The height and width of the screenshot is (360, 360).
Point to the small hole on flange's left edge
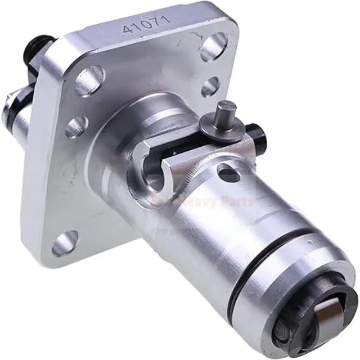click(x=74, y=128)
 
